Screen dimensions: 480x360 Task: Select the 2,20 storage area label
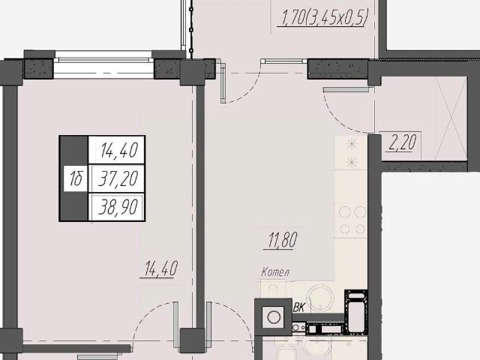(x=403, y=142)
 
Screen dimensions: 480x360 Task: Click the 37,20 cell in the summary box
(x=118, y=178)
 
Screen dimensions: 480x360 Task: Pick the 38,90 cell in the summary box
(x=118, y=207)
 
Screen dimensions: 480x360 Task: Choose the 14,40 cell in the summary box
(x=118, y=151)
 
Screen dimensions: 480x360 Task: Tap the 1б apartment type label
(x=76, y=178)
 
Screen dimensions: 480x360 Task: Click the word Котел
(x=275, y=271)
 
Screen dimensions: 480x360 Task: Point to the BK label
(x=298, y=307)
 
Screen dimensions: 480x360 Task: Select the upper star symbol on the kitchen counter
(x=352, y=144)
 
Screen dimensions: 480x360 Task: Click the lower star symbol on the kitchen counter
(x=352, y=162)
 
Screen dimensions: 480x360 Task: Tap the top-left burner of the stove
(x=345, y=211)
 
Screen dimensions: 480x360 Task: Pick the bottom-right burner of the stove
(x=360, y=229)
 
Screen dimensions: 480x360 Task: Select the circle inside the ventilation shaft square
(x=273, y=317)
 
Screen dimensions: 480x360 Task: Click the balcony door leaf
(x=222, y=82)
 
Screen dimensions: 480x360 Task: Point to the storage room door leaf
(x=346, y=90)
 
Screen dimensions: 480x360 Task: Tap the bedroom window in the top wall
(x=103, y=65)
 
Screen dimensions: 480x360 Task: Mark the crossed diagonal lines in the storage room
(x=451, y=118)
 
